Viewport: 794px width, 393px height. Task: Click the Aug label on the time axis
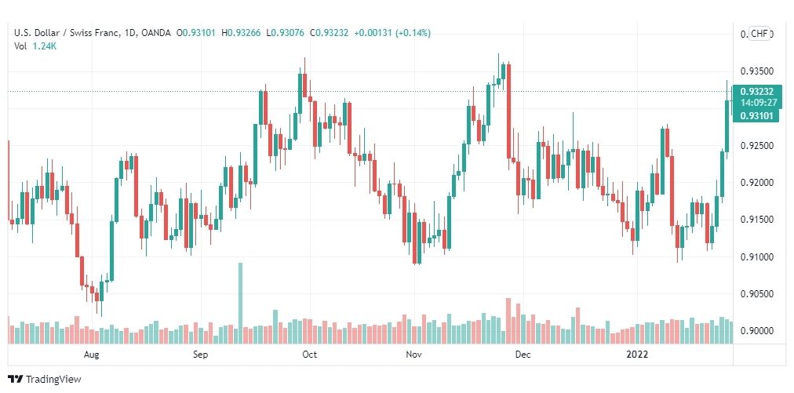tap(92, 355)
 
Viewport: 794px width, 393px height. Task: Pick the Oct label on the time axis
tap(309, 355)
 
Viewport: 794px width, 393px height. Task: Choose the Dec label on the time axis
tap(523, 355)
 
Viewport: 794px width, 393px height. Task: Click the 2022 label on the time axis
tap(637, 355)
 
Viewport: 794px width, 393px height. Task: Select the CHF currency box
tap(759, 34)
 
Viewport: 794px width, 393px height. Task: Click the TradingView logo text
tap(53, 380)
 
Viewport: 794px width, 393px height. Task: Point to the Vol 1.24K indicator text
tap(35, 46)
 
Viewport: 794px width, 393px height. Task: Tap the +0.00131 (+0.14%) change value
tap(392, 33)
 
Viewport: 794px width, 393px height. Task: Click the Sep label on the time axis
tap(200, 355)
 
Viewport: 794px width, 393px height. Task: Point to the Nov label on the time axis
tap(415, 355)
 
